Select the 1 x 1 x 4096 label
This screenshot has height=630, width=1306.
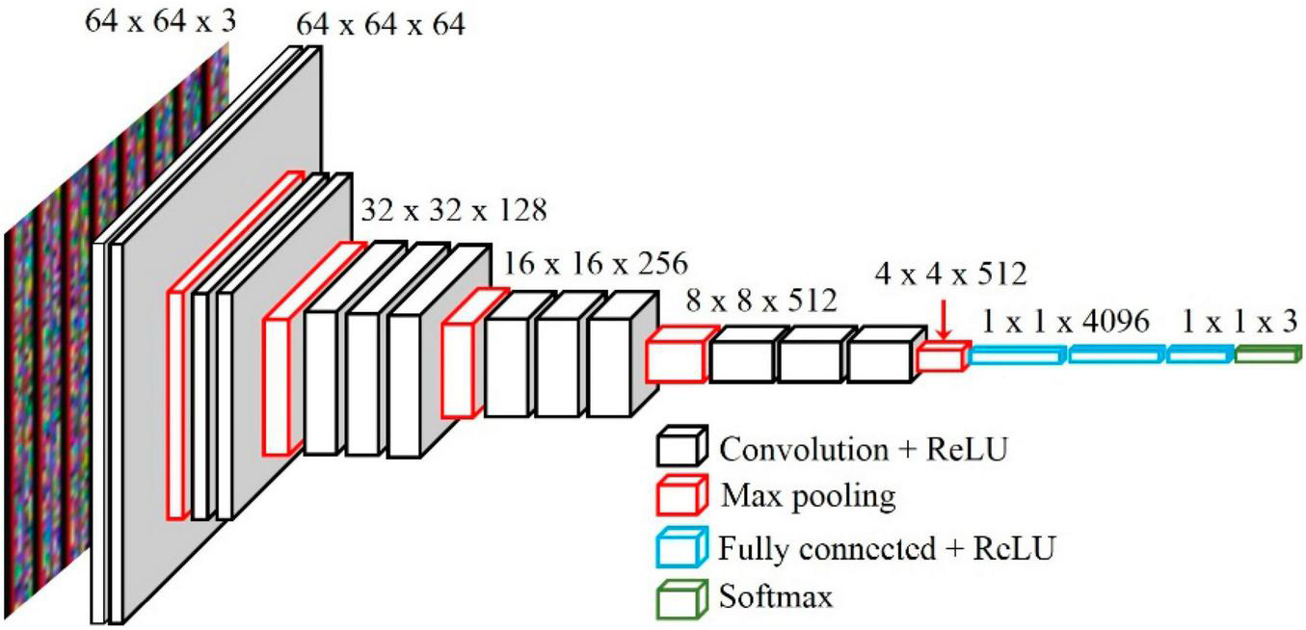(x=1066, y=322)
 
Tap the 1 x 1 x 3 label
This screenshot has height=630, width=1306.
(x=1235, y=322)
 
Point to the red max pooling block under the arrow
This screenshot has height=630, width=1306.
(x=941, y=358)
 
